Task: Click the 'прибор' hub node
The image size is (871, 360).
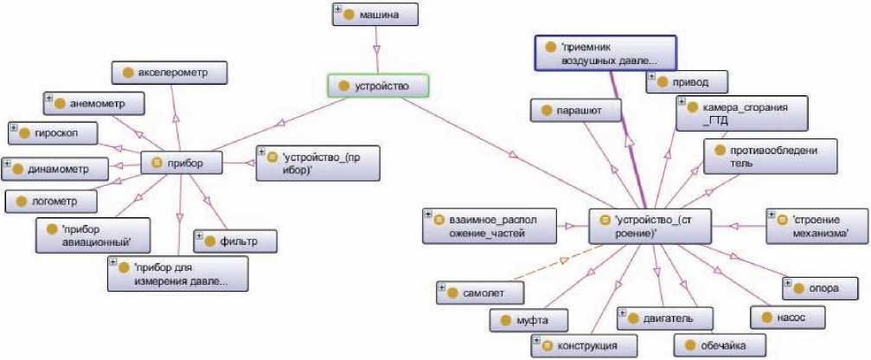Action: (183, 162)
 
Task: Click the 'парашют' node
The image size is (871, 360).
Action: (573, 111)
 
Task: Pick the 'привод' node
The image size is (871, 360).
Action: (688, 81)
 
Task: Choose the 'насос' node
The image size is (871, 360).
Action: (785, 318)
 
